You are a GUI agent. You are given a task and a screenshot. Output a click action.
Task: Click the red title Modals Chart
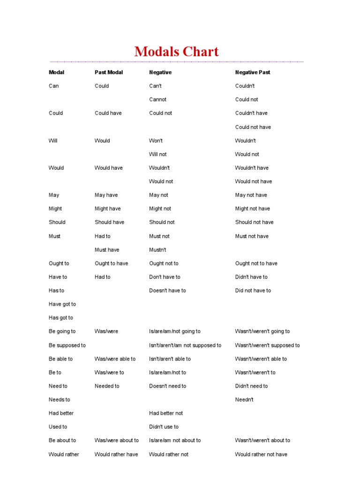click(176, 51)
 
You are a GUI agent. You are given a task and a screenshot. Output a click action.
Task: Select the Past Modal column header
click(109, 72)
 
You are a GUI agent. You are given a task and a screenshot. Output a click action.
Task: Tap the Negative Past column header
click(253, 72)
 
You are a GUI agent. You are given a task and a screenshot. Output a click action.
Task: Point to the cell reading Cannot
click(157, 99)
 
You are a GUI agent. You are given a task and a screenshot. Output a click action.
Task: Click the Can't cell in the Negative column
click(155, 86)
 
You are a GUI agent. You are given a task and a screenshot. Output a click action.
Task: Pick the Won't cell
click(156, 141)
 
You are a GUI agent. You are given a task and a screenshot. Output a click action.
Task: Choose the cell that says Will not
click(157, 154)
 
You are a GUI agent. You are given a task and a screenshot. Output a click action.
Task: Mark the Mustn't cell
click(157, 250)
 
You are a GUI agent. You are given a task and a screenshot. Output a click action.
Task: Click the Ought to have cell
click(111, 263)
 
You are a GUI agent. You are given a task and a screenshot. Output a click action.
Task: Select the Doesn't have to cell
click(167, 291)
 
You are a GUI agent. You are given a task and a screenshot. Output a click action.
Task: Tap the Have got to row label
click(62, 304)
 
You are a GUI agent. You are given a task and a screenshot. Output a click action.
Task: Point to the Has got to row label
click(61, 318)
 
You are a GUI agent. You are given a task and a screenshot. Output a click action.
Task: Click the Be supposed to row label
click(67, 345)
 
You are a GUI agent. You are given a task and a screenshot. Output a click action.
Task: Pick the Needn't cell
click(244, 400)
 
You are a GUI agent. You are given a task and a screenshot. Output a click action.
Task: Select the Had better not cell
click(166, 413)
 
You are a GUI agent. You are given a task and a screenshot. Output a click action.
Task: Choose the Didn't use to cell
click(164, 427)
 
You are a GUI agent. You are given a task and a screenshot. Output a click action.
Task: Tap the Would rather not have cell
click(261, 454)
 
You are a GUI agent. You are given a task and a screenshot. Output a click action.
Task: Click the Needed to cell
click(107, 386)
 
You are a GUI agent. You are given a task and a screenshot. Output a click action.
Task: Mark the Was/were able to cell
click(115, 359)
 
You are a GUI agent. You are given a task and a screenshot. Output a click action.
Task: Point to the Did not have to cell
click(253, 291)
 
